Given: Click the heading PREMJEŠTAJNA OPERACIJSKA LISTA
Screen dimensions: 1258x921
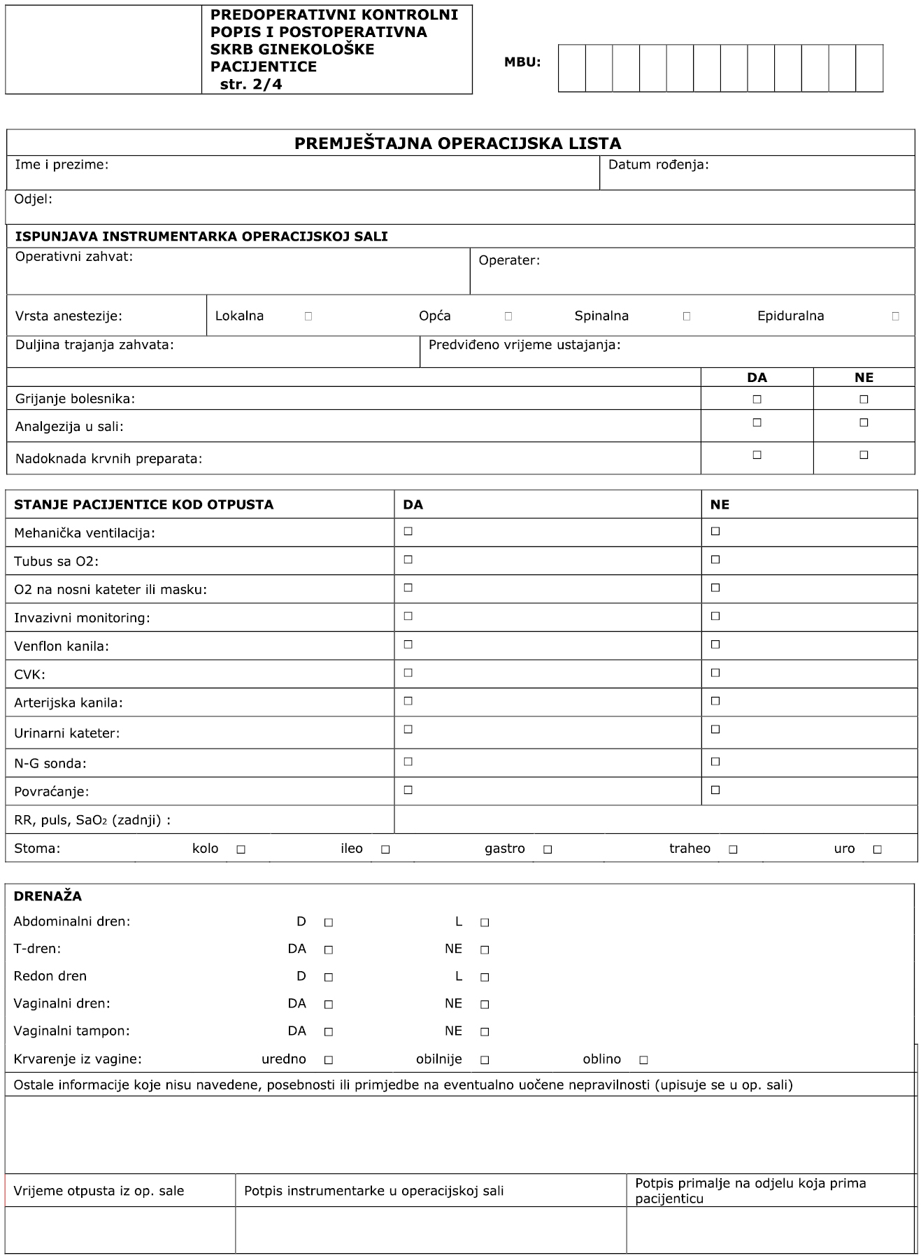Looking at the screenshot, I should (x=457, y=143).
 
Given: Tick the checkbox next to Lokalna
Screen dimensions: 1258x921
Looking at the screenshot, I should (x=308, y=316).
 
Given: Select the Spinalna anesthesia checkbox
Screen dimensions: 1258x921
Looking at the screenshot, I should (x=687, y=316).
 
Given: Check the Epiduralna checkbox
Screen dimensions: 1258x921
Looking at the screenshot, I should (x=896, y=316).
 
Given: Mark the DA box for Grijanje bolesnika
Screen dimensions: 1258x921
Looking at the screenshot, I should (x=757, y=400).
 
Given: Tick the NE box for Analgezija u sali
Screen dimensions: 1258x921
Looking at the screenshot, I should (x=864, y=423).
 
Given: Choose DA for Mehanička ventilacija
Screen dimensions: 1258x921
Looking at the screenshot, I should (x=408, y=532).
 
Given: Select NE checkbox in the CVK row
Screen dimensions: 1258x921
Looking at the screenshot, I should (x=715, y=673).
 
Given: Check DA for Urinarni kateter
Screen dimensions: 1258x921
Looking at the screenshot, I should (x=408, y=730).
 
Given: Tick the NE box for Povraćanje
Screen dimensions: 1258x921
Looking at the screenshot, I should (x=715, y=791).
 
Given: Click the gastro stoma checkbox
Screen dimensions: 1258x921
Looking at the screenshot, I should (x=548, y=849).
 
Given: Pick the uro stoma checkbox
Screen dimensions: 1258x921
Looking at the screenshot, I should (x=878, y=849).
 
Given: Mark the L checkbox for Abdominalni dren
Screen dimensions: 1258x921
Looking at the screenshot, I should (x=485, y=923).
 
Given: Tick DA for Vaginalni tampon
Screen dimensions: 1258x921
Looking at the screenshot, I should (x=329, y=1032).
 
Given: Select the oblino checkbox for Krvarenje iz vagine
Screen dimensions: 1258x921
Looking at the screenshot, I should (x=643, y=1060).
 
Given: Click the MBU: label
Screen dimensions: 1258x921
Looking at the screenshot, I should (x=522, y=62).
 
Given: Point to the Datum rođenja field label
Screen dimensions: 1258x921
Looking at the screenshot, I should (x=658, y=165).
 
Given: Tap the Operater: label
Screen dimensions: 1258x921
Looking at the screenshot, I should (x=509, y=261).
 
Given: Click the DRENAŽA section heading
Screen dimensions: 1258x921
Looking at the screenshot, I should (x=48, y=896).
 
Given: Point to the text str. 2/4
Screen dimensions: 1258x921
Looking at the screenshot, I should (x=250, y=85).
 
